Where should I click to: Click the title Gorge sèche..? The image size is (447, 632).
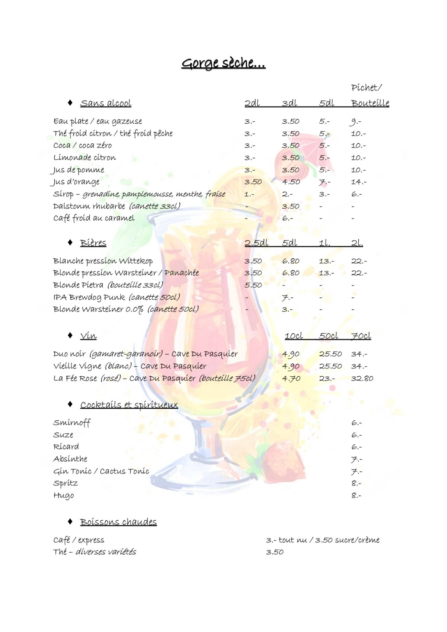pyautogui.click(x=223, y=63)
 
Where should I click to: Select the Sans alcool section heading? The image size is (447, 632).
pyautogui.click(x=106, y=103)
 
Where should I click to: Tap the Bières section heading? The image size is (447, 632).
pyautogui.click(x=93, y=243)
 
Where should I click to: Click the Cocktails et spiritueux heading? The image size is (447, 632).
pyautogui.click(x=129, y=405)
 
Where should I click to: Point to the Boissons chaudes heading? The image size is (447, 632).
pyautogui.click(x=118, y=522)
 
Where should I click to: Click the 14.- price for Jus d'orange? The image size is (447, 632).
pyautogui.click(x=359, y=182)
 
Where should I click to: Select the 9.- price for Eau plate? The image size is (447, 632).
pyautogui.click(x=356, y=122)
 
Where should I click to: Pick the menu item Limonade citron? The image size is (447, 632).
pyautogui.click(x=85, y=158)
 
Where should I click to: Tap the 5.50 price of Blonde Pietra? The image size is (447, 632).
pyautogui.click(x=253, y=285)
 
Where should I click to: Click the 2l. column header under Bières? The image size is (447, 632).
pyautogui.click(x=357, y=243)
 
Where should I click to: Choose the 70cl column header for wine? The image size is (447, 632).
pyautogui.click(x=361, y=336)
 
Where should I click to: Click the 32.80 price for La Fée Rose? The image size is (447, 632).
pyautogui.click(x=362, y=379)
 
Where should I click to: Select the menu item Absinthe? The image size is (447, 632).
pyautogui.click(x=70, y=459)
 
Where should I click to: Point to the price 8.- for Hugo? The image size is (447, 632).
pyautogui.click(x=356, y=496)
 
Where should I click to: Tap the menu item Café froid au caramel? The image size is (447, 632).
pyautogui.click(x=94, y=218)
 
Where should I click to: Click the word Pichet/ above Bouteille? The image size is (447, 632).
pyautogui.click(x=367, y=88)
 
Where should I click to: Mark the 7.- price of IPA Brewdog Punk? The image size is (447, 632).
pyautogui.click(x=287, y=298)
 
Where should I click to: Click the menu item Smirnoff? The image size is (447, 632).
pyautogui.click(x=72, y=423)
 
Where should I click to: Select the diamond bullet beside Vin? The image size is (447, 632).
pyautogui.click(x=70, y=335)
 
